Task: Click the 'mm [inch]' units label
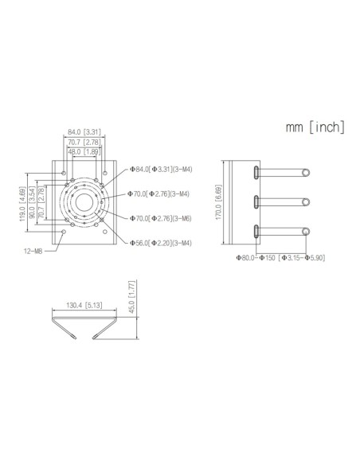point(315,127)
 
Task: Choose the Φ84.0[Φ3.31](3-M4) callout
point(160,169)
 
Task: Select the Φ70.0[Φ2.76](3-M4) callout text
point(160,193)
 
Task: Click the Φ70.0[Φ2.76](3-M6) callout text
point(160,217)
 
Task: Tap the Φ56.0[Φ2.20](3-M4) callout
point(160,241)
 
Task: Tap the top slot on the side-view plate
point(254,172)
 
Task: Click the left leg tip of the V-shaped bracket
point(67,338)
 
